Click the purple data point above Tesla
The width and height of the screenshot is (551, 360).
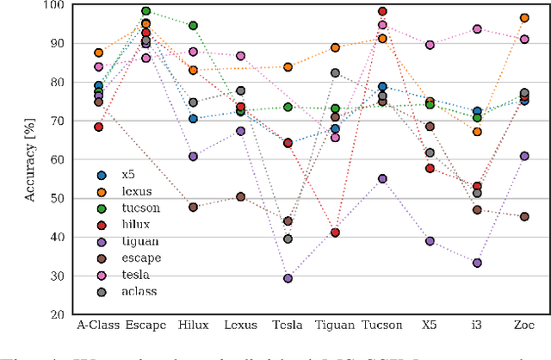pyautogui.click(x=288, y=278)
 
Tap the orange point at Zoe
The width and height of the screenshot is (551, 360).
pyautogui.click(x=524, y=18)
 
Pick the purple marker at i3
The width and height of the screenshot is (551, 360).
pyautogui.click(x=477, y=263)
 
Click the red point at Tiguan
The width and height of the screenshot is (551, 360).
pyautogui.click(x=335, y=233)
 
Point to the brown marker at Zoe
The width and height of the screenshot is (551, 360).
pyautogui.click(x=524, y=216)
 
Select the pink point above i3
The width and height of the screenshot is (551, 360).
pyautogui.click(x=477, y=29)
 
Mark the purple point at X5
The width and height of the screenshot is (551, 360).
pyautogui.click(x=430, y=241)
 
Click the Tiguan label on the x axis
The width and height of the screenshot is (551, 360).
pyautogui.click(x=335, y=325)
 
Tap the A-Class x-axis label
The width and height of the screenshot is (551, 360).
pyautogui.click(x=98, y=325)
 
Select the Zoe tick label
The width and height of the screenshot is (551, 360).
pyautogui.click(x=524, y=325)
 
